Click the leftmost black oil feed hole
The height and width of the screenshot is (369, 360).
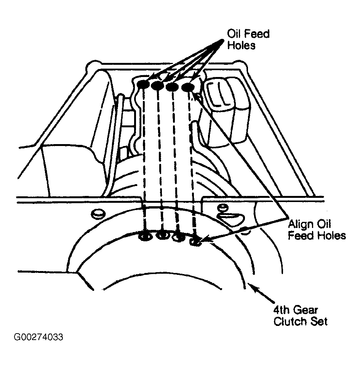tap(143, 84)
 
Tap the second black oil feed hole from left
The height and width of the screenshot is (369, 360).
tap(158, 85)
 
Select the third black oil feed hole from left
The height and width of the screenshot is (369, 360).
tap(172, 87)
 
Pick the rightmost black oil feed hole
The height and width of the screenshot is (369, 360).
tap(188, 87)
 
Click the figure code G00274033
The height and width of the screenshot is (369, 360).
tap(38, 337)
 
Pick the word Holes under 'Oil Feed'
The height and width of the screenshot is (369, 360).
tap(241, 45)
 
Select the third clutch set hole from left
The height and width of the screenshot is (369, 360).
tap(179, 238)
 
